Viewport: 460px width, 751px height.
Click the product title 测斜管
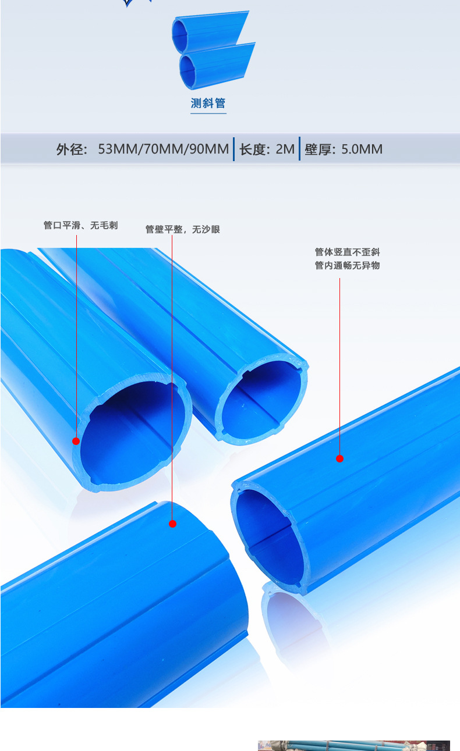[x=208, y=104]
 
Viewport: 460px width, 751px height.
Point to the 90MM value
[x=207, y=150]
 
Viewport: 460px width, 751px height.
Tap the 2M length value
[x=285, y=150]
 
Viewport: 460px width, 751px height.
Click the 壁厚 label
[x=319, y=150]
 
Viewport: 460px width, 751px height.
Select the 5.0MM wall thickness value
[x=362, y=150]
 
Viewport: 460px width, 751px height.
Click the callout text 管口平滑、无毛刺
[x=80, y=226]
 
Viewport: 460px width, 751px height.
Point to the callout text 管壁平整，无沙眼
[x=182, y=230]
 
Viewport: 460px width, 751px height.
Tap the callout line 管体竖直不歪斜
[x=347, y=252]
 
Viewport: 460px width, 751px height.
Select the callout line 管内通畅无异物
[x=347, y=266]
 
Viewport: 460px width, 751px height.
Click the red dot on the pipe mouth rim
[x=76, y=441]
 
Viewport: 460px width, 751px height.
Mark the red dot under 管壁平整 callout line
[x=172, y=524]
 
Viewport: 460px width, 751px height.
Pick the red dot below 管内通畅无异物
[x=339, y=458]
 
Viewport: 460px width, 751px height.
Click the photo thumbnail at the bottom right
[x=353, y=745]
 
